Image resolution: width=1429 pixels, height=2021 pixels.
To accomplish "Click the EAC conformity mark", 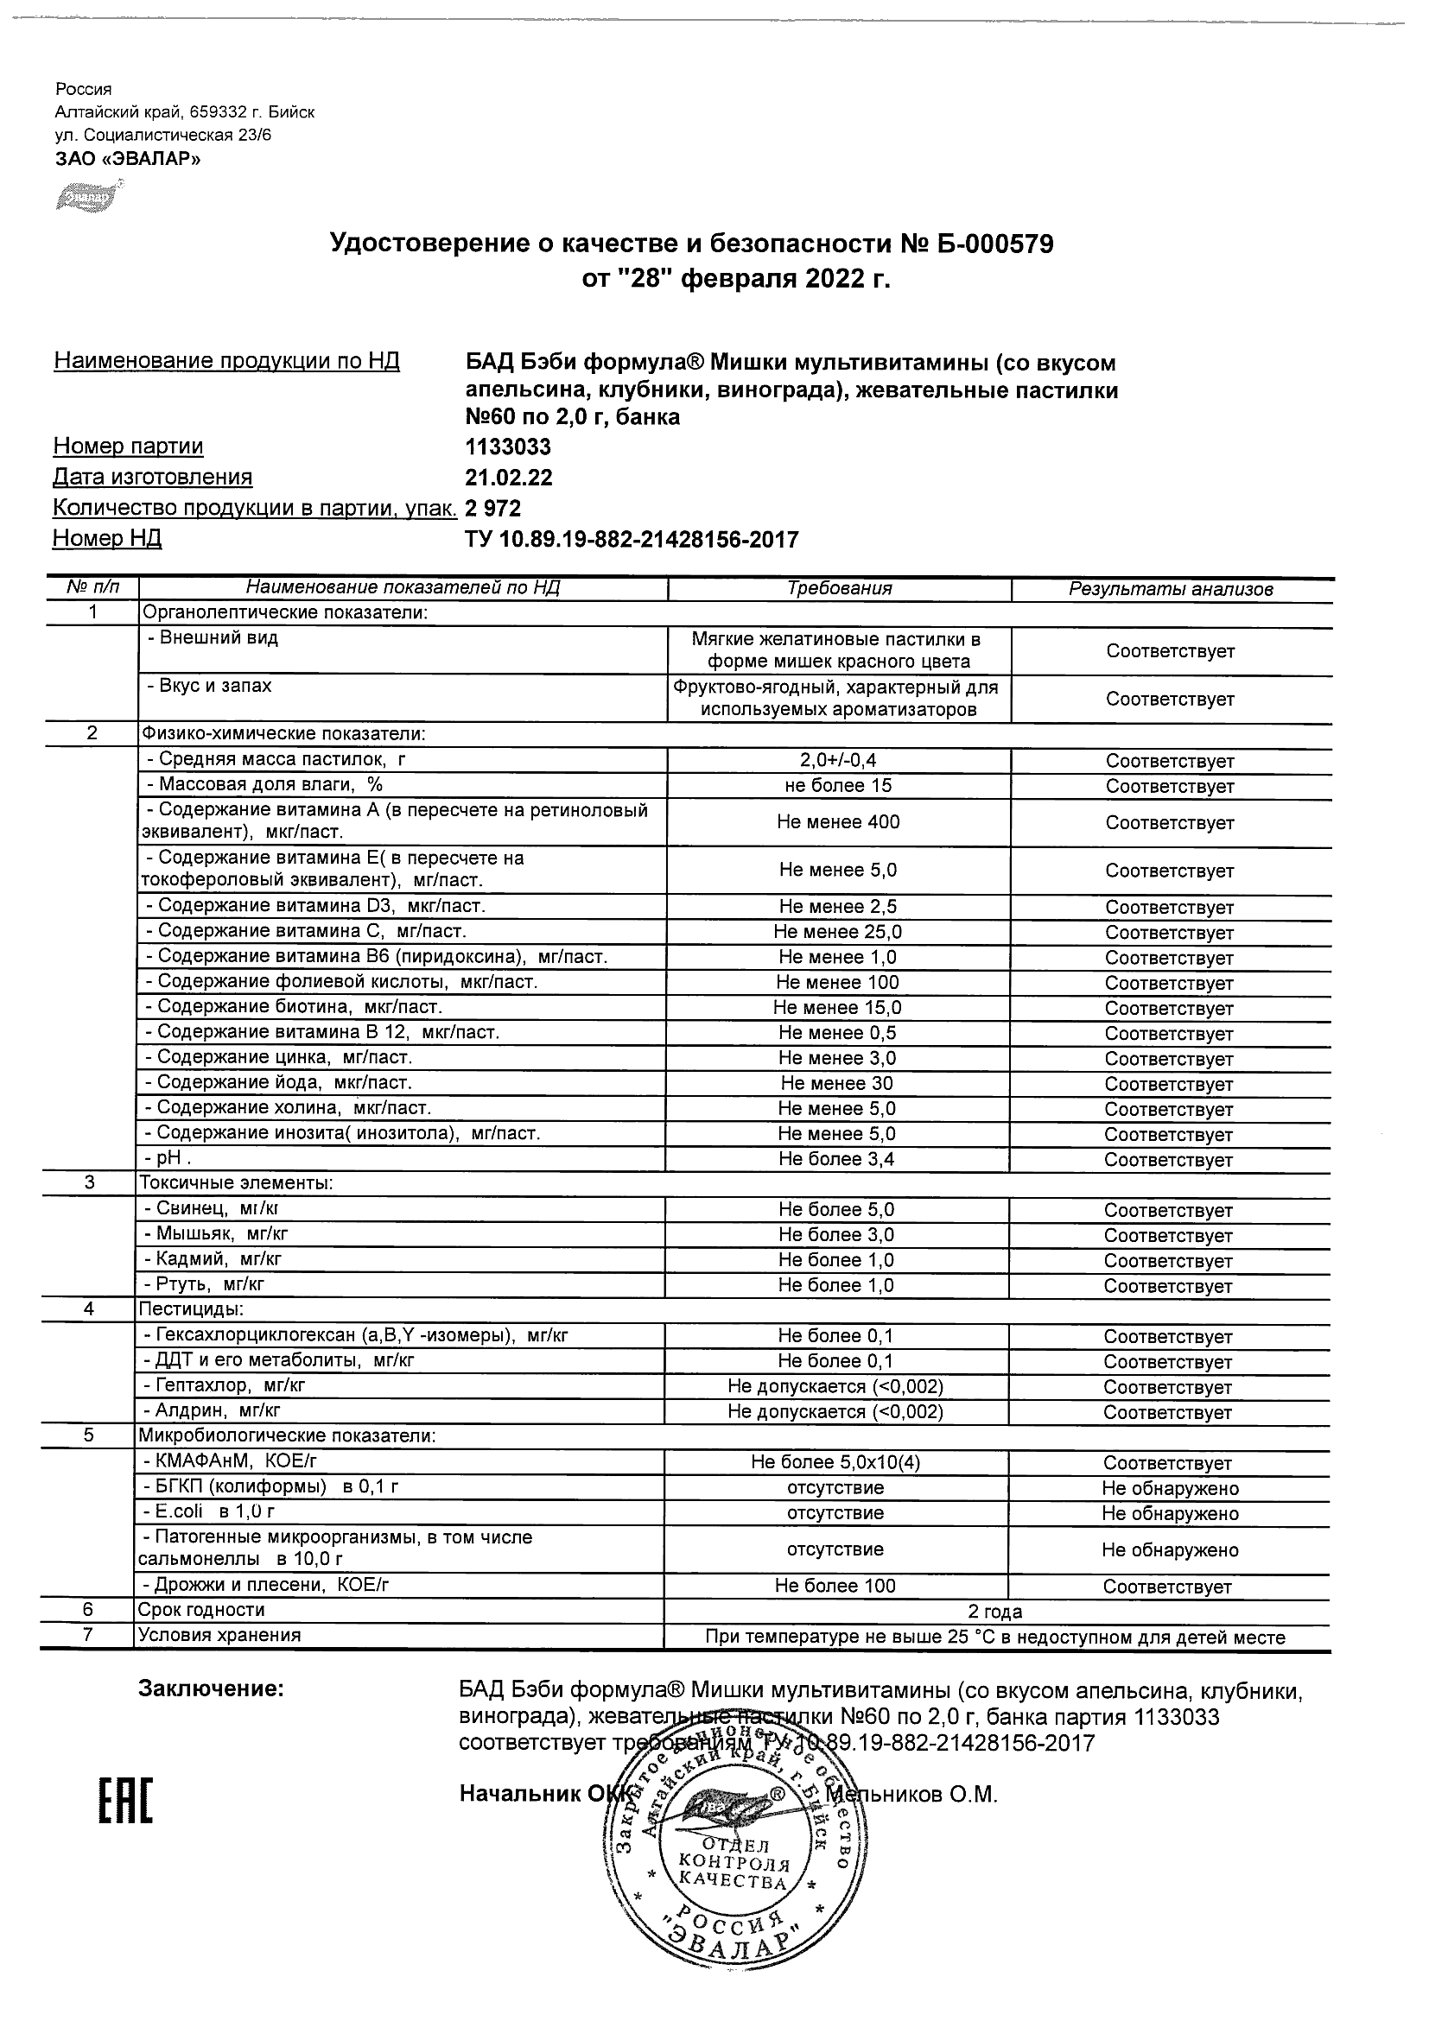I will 124,1801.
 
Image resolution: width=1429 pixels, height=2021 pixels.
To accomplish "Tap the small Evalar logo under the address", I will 89,198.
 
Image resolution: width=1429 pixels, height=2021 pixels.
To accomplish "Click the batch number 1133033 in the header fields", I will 508,447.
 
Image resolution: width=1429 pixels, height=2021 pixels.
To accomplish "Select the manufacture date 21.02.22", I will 509,478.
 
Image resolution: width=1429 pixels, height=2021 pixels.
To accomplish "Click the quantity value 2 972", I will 493,509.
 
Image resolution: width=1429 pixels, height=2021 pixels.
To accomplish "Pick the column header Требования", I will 839,589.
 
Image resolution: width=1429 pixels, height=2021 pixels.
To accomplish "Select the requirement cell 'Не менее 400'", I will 838,822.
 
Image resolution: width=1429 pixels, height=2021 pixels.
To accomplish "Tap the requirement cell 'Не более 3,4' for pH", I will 836,1159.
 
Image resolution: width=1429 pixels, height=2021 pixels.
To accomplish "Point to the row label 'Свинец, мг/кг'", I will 217,1209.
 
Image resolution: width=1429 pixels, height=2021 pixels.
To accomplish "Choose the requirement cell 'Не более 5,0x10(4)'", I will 835,1462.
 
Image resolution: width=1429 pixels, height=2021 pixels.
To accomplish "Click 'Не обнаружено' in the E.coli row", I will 1169,1513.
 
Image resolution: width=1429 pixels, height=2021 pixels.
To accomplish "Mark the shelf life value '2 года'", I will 995,1612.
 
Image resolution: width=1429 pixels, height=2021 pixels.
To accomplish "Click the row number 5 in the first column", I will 89,1435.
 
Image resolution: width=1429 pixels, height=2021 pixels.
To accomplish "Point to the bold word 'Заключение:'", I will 212,1689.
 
